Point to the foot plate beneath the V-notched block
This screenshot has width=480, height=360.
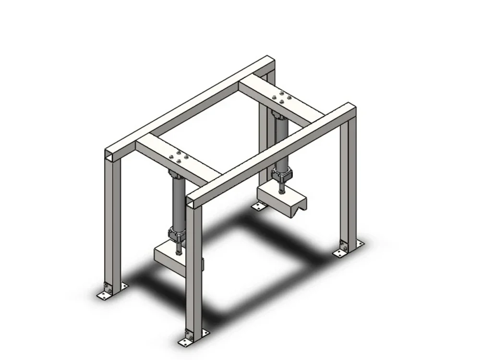tap(259, 206)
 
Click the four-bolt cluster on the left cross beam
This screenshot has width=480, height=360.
tap(176, 157)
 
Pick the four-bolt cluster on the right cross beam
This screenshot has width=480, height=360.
tap(281, 97)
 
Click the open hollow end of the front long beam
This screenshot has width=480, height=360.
tap(192, 201)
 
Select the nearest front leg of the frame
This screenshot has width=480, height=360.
tap(193, 269)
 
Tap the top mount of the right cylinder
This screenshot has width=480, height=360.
tap(278, 115)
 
